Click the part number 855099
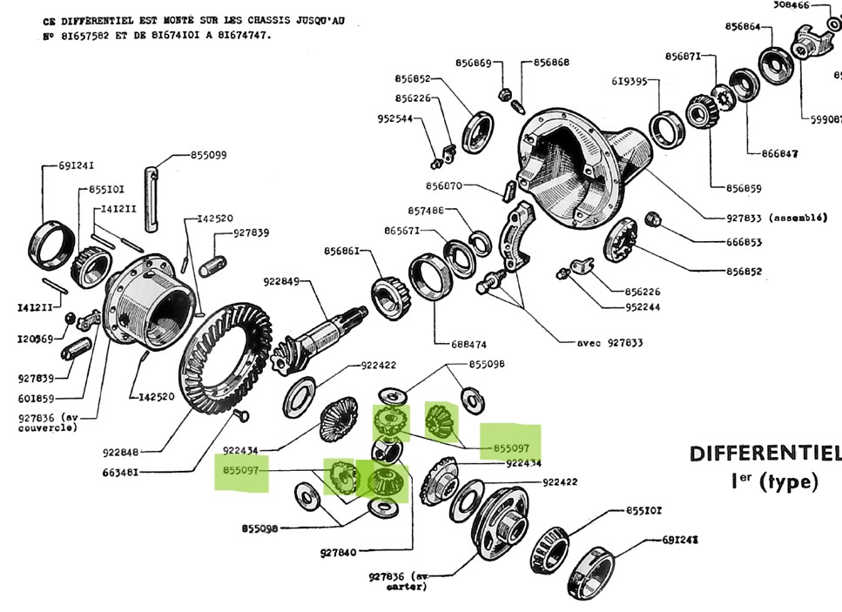(x=208, y=155)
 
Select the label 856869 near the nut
(x=473, y=63)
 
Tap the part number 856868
(x=551, y=63)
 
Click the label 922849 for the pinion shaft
(x=281, y=281)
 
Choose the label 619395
(x=629, y=82)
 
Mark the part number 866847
(x=779, y=153)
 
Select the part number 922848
(x=121, y=452)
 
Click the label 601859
(x=36, y=400)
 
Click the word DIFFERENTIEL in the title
(x=765, y=454)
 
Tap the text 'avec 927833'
(x=610, y=343)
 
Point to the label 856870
(x=444, y=185)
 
